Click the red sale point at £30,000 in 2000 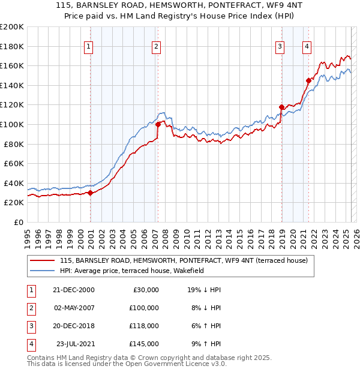[91, 193]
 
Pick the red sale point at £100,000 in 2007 [158, 124]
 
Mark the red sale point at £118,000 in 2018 [281, 107]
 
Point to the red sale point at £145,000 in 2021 [308, 80]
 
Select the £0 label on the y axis [18, 222]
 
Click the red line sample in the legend [43, 261]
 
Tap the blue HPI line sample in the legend [43, 271]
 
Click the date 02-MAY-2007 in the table [74, 308]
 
